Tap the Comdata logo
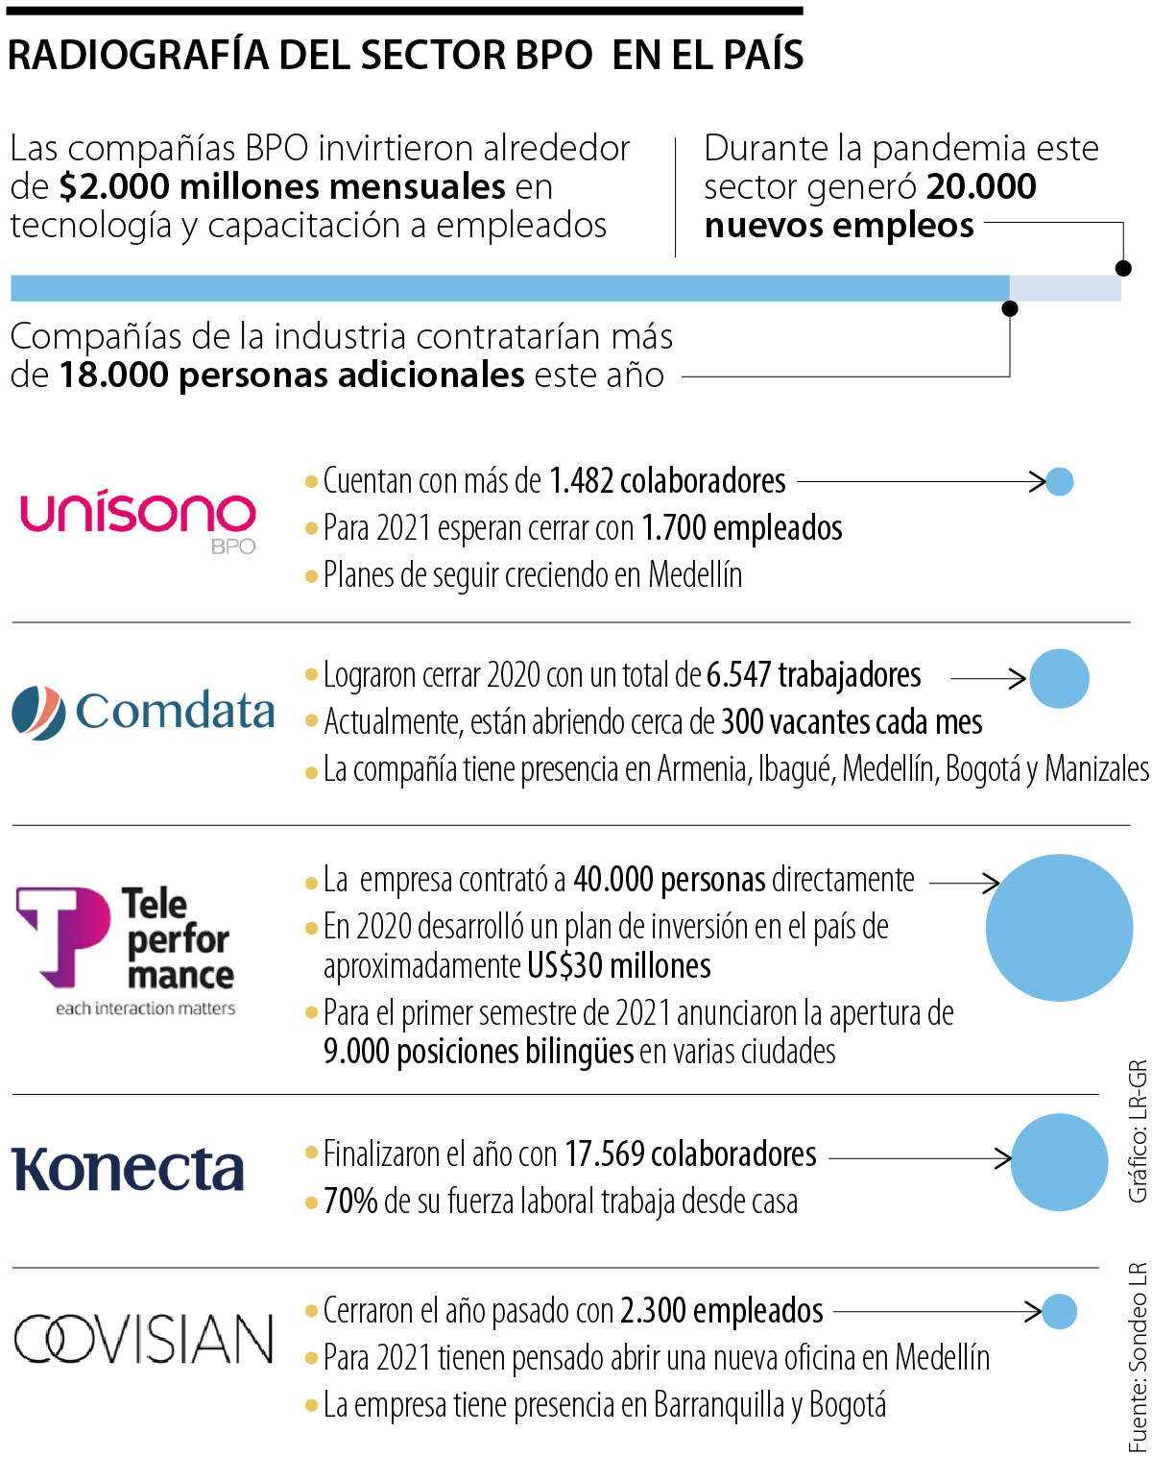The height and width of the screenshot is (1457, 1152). point(144,712)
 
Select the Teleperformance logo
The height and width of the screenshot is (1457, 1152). point(126,947)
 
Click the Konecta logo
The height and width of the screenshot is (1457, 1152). point(128,1169)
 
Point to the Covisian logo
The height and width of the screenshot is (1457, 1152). point(144,1338)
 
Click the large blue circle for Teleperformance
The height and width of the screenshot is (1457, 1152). point(1059,927)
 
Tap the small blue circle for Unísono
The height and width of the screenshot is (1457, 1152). point(1059,481)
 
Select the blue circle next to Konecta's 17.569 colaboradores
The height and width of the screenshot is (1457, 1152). point(1060,1161)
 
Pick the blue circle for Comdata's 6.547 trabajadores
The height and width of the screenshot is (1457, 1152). point(1059,678)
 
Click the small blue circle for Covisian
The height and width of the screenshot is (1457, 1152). point(1059,1311)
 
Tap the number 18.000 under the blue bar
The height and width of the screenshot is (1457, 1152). point(114,375)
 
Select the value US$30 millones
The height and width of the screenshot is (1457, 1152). point(618,965)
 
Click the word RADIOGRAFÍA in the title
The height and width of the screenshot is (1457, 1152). point(137,56)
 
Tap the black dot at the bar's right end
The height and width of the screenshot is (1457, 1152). point(1123,268)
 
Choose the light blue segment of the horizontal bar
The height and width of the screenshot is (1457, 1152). point(1065,288)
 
